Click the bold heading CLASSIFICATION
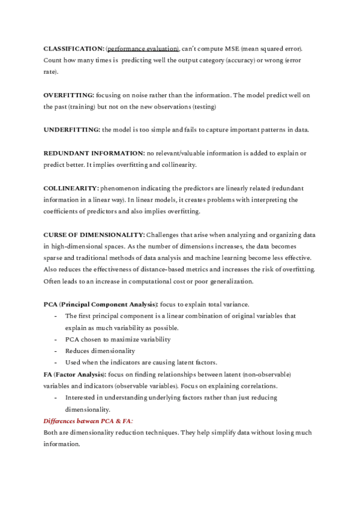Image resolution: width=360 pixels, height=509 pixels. coord(74,47)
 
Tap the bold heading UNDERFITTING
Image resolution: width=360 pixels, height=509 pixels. coord(72,130)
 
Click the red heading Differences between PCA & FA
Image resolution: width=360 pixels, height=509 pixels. coord(88,421)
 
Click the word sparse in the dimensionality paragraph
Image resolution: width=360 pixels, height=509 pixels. coord(53,258)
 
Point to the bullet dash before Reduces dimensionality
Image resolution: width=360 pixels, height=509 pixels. coord(56,351)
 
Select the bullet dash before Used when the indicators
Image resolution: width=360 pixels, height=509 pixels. coord(56,363)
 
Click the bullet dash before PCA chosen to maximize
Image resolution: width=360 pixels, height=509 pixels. coord(56,339)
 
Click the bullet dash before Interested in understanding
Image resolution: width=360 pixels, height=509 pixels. coord(56,397)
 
